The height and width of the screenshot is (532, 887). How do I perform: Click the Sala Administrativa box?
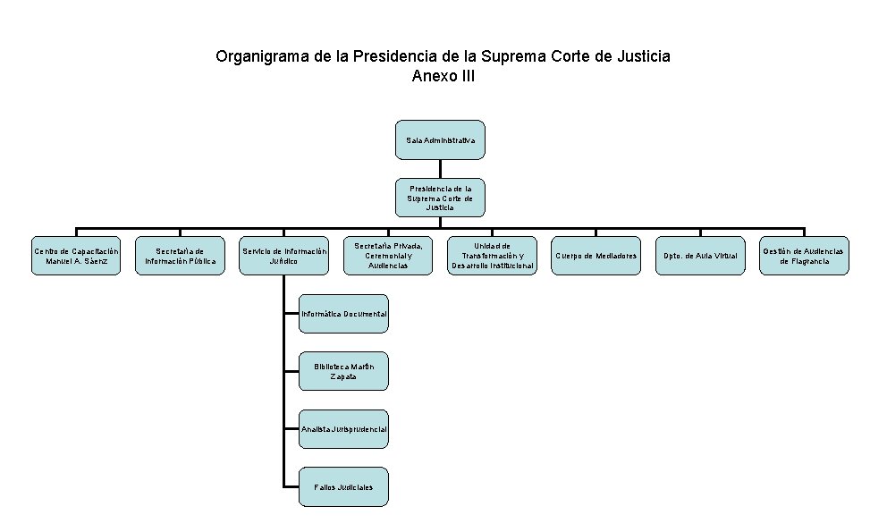pyautogui.click(x=440, y=140)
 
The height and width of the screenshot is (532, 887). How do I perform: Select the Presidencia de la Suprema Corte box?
pyautogui.click(x=440, y=198)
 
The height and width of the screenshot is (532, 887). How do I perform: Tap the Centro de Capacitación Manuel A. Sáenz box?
pyautogui.click(x=76, y=256)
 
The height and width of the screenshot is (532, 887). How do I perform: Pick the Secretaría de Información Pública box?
pyautogui.click(x=180, y=256)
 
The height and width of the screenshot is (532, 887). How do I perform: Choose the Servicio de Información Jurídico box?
pyautogui.click(x=283, y=256)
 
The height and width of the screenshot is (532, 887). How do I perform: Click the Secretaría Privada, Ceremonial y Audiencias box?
pyautogui.click(x=388, y=256)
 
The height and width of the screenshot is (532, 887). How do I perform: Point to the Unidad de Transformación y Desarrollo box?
pyautogui.click(x=492, y=256)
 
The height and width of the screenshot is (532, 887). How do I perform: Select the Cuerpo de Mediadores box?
pyautogui.click(x=596, y=256)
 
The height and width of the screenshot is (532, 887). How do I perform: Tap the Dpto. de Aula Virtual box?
pyautogui.click(x=700, y=256)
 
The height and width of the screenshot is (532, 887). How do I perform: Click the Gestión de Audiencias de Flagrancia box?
pyautogui.click(x=804, y=256)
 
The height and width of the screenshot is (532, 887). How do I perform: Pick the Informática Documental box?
pyautogui.click(x=344, y=314)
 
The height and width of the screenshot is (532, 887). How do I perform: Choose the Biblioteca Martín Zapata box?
pyautogui.click(x=344, y=371)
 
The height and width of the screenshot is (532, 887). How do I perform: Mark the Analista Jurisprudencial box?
pyautogui.click(x=344, y=429)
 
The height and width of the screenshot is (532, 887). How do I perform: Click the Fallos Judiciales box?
pyautogui.click(x=344, y=486)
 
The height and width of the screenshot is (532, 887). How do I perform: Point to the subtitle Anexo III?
pyautogui.click(x=443, y=76)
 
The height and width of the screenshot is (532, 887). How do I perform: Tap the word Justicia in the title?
pyautogui.click(x=641, y=56)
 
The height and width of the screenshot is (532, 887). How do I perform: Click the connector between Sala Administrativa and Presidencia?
pyautogui.click(x=440, y=170)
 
